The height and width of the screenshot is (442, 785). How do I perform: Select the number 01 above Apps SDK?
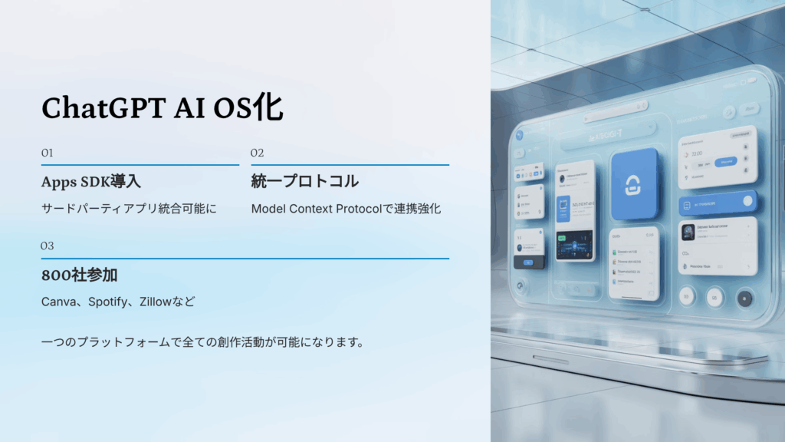[47, 153]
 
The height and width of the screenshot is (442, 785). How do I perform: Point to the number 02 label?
[257, 153]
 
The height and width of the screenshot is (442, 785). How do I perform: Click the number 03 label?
[48, 246]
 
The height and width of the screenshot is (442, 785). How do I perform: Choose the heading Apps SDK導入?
[90, 182]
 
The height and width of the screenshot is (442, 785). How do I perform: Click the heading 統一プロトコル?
[304, 182]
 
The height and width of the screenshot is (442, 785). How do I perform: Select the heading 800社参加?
[79, 275]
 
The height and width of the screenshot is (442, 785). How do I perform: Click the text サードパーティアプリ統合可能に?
[129, 209]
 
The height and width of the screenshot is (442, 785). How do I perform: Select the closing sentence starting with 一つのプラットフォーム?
[202, 341]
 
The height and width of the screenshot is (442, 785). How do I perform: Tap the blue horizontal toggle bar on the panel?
[718, 202]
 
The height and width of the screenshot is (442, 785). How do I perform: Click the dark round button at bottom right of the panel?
[744, 298]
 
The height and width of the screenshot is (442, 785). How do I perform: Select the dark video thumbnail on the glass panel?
[574, 245]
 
